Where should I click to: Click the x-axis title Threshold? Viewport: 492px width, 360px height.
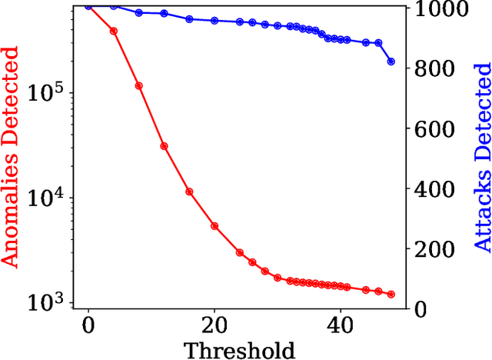coord(239,350)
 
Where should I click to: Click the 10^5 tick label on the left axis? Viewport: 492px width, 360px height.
coord(49,94)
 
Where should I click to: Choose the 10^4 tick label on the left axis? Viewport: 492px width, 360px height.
coord(49,198)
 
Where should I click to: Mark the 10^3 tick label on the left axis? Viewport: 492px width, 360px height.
coord(49,302)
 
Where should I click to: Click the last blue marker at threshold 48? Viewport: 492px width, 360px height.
coord(391,62)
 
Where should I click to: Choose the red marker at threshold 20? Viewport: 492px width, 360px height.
coord(214,226)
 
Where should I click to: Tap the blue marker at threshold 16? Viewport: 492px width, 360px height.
coord(189,19)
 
